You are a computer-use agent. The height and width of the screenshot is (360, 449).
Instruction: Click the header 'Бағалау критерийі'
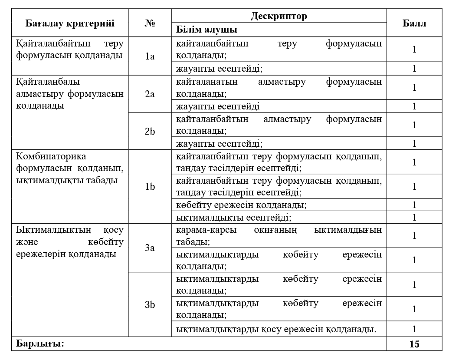pyautogui.click(x=70, y=23)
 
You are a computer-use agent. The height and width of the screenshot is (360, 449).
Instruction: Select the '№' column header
pyautogui.click(x=150, y=23)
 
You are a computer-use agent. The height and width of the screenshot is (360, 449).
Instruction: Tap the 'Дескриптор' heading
pyautogui.click(x=279, y=17)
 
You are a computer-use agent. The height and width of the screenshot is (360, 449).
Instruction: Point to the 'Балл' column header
pyautogui.click(x=414, y=23)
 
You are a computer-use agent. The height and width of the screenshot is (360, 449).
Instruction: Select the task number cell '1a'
pyautogui.click(x=150, y=56)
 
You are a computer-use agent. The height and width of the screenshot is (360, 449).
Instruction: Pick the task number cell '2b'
pyautogui.click(x=150, y=131)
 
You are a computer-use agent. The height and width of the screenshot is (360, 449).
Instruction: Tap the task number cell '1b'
pyautogui.click(x=150, y=187)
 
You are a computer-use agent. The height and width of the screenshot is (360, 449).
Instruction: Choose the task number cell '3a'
pyautogui.click(x=150, y=248)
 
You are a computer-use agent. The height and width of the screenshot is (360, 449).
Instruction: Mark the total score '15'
pyautogui.click(x=414, y=344)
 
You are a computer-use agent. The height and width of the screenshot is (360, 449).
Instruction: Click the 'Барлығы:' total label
pyautogui.click(x=40, y=344)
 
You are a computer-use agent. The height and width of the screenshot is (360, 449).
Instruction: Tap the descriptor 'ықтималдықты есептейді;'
pyautogui.click(x=233, y=217)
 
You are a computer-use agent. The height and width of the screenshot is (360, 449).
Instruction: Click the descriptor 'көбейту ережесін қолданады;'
pyautogui.click(x=242, y=205)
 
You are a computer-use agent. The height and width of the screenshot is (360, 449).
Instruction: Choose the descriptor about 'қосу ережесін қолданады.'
pyautogui.click(x=276, y=329)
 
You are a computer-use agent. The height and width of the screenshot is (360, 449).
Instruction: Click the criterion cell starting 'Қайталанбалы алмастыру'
pyautogui.click(x=70, y=93)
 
